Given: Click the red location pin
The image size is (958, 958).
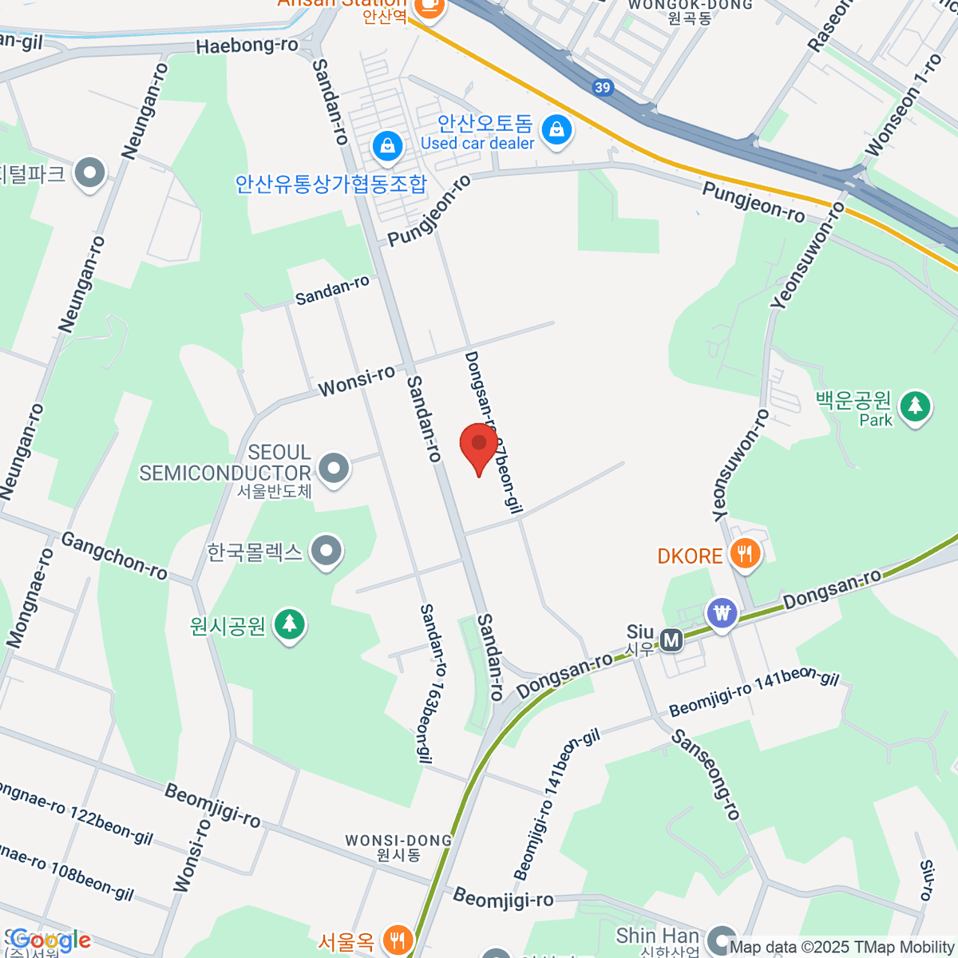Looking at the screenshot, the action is [479, 445].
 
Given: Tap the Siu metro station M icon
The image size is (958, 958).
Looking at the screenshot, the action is [672, 639].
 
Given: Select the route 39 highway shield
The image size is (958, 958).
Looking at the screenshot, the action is [604, 88].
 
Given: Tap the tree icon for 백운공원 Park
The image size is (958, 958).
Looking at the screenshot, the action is [915, 407].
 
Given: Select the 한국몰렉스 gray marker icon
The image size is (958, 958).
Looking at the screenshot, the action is [326, 551].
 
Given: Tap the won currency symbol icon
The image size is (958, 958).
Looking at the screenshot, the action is [722, 614].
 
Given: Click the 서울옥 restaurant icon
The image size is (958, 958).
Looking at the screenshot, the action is [397, 940].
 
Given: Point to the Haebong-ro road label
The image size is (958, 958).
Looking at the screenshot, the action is [247, 46].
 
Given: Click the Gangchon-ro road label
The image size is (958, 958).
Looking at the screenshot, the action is [114, 556].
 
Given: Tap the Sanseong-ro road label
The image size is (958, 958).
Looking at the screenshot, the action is [707, 774].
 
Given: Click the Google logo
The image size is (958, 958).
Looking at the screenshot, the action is [50, 941].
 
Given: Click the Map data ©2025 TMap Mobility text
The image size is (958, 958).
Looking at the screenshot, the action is [842, 948].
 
